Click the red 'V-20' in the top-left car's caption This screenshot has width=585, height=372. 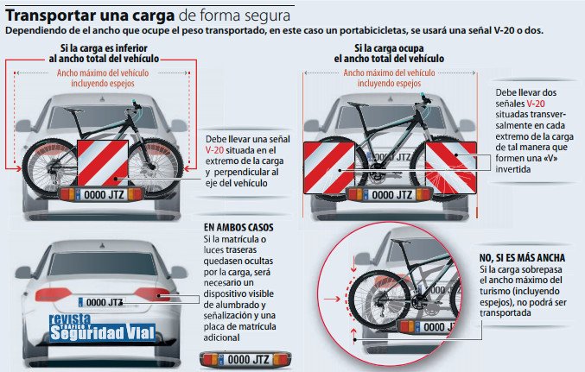click(214, 150)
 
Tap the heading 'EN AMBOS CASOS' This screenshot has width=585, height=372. click(238, 227)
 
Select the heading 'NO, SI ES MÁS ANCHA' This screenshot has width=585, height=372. click(522, 257)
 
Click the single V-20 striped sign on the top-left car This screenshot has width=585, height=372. click(103, 163)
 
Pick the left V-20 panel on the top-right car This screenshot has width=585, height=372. click(328, 168)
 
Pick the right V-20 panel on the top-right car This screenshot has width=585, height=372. click(451, 168)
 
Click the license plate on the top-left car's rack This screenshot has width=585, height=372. click(101, 194)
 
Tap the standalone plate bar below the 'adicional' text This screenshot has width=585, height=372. click(245, 360)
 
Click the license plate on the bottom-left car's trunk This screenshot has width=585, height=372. click(101, 302)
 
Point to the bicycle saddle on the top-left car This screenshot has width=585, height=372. click(73, 110)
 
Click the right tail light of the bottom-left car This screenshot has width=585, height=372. click(152, 294)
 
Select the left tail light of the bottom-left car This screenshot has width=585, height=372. click(54, 295)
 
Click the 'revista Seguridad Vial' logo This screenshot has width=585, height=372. click(102, 328)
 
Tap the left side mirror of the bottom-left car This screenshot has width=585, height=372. click(22, 272)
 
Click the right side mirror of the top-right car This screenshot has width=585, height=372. click(467, 125)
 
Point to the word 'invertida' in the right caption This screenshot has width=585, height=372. click(512, 169)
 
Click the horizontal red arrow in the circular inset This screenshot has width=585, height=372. click(332, 299)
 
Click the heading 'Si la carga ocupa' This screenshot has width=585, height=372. click(389, 48)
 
